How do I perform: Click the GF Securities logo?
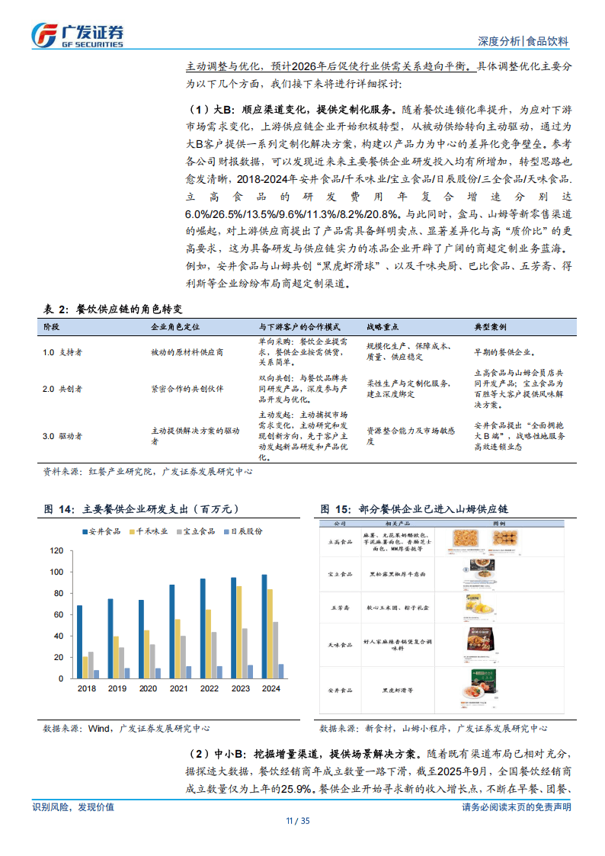(77, 34)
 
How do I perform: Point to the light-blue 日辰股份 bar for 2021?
(188, 672)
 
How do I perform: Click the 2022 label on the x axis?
(209, 688)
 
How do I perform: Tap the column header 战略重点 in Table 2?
(383, 326)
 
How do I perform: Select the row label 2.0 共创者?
(63, 389)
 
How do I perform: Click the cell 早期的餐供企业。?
(504, 352)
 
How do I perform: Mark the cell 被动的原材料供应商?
(187, 352)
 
